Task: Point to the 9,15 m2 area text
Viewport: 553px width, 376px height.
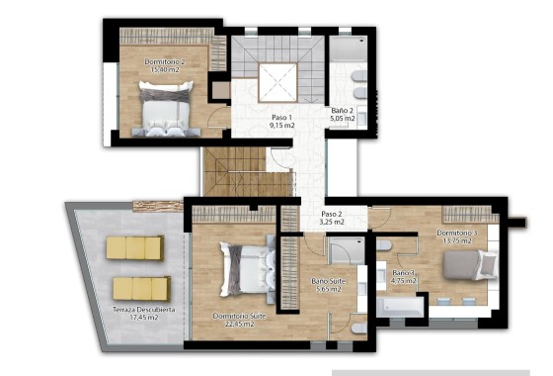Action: coord(283,127)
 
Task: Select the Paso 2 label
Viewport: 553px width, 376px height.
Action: coord(332,214)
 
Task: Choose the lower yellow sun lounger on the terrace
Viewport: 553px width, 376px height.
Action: coord(140,288)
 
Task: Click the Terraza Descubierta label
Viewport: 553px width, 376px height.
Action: coord(144,310)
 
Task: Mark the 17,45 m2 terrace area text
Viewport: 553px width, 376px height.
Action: coord(144,320)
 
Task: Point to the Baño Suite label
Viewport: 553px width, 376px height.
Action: coord(325,280)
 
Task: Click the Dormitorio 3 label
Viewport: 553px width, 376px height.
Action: coord(457,234)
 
